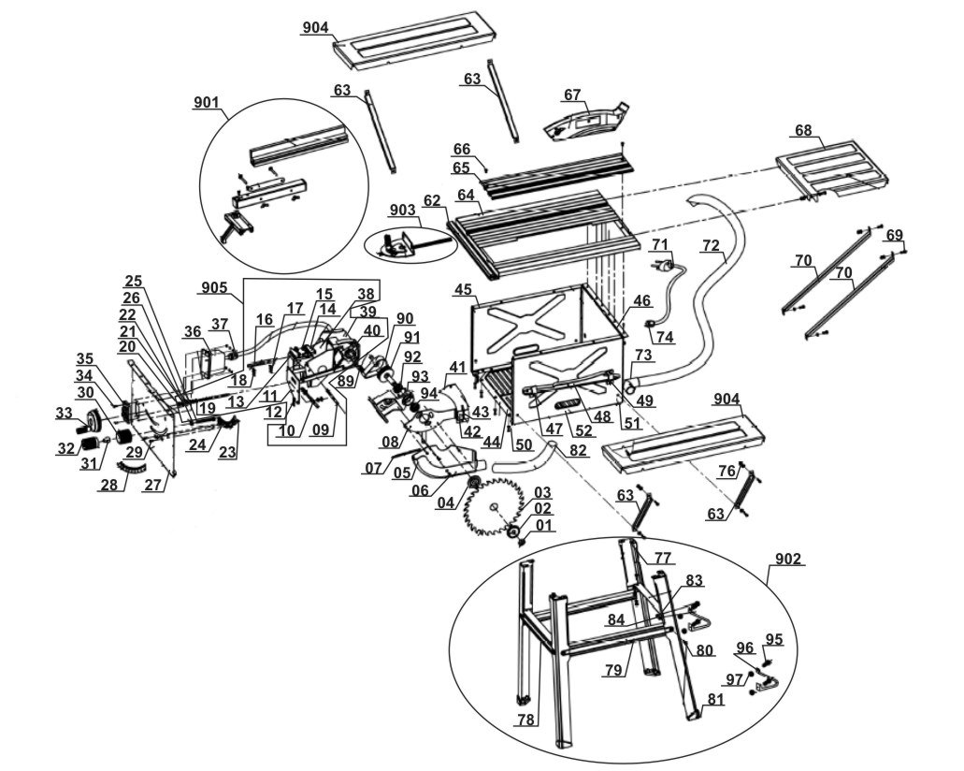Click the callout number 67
572,95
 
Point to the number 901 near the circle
207,102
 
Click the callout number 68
802,129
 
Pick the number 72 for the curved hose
711,245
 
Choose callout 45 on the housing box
462,290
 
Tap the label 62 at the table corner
431,200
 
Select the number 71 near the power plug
661,244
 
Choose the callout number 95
774,639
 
